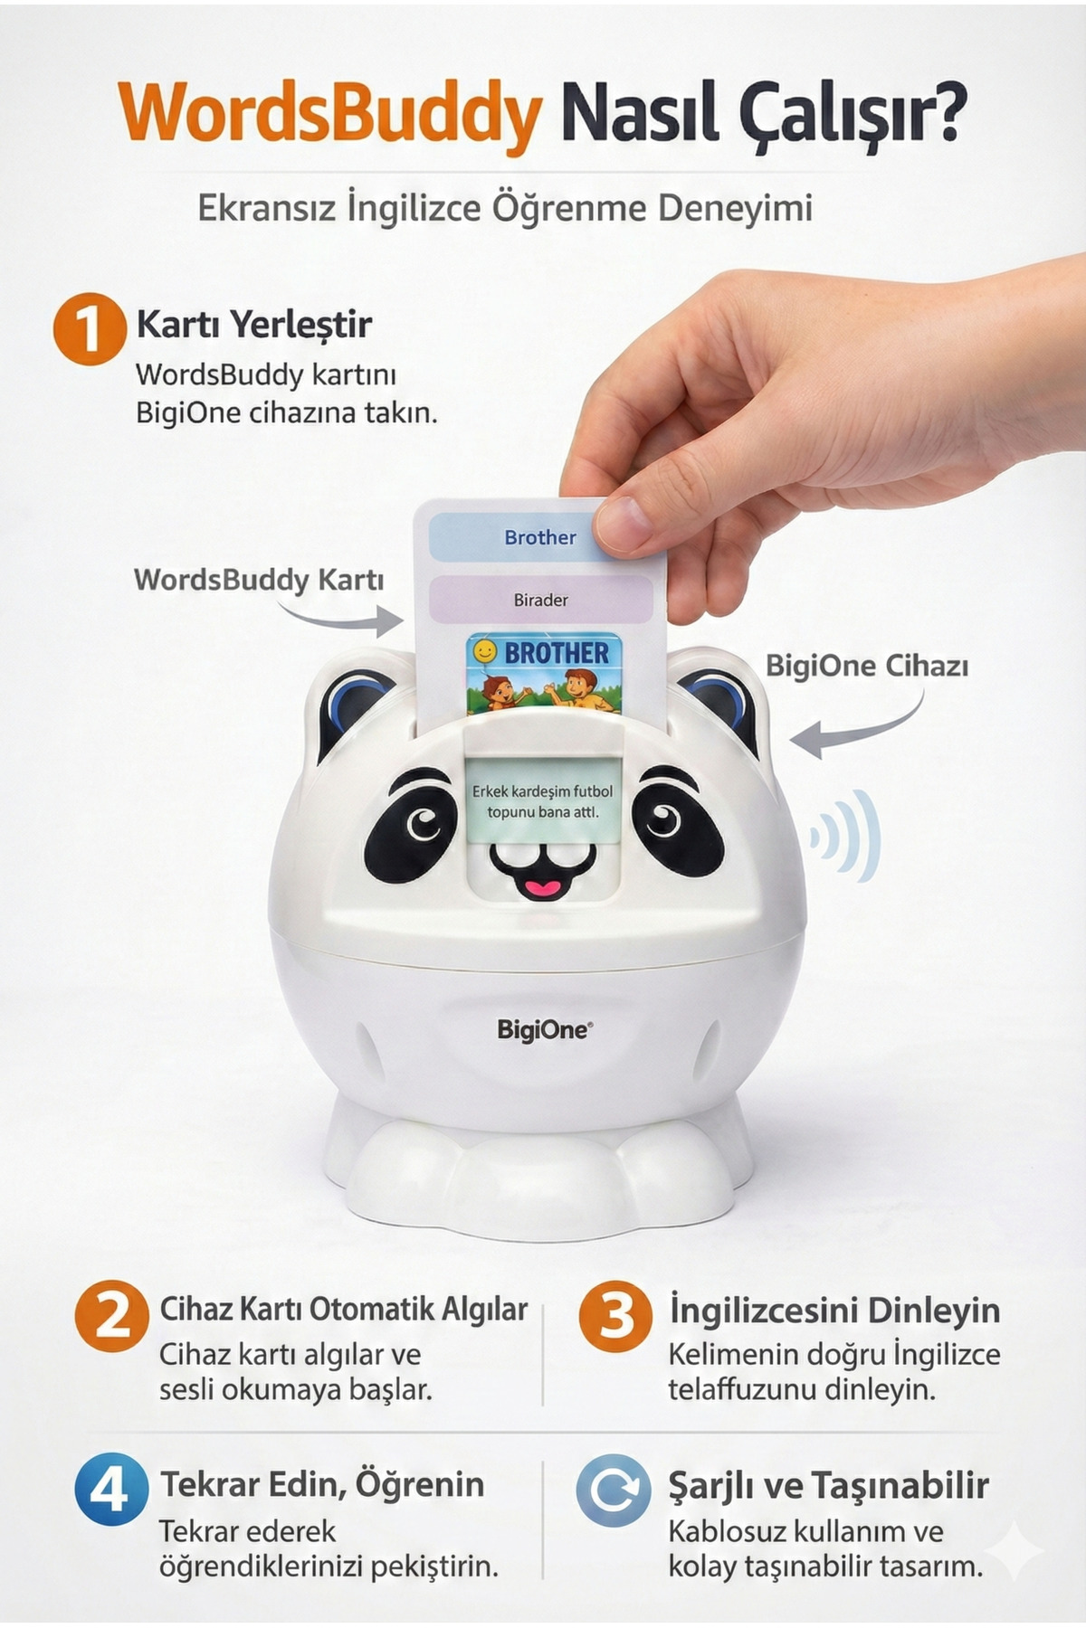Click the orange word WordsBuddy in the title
(x=330, y=113)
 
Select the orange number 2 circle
(x=111, y=1316)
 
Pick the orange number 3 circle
(x=615, y=1316)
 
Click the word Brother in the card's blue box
(x=540, y=537)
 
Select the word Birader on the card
(x=540, y=600)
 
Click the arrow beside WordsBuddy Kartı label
(x=344, y=618)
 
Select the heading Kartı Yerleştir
(x=253, y=324)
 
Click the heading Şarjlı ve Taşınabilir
(x=828, y=1485)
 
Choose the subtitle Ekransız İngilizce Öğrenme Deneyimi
(x=504, y=208)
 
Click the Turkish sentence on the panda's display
(x=542, y=801)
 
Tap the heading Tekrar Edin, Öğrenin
(x=322, y=1484)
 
